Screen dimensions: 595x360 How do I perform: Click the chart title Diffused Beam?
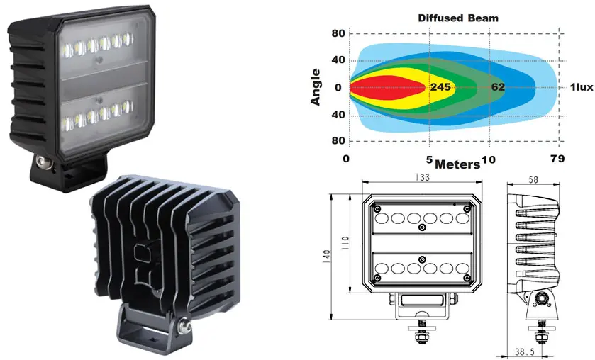458,18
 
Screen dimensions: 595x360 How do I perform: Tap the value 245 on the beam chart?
440,87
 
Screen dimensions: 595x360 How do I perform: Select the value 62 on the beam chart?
498,87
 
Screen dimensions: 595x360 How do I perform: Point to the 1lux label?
582,87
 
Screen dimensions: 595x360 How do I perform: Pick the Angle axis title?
316,87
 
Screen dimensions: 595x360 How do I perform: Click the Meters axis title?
457,164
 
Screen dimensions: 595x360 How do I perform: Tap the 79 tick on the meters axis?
557,159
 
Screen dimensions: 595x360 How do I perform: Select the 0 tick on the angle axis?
338,88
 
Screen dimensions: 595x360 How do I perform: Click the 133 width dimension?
422,177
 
